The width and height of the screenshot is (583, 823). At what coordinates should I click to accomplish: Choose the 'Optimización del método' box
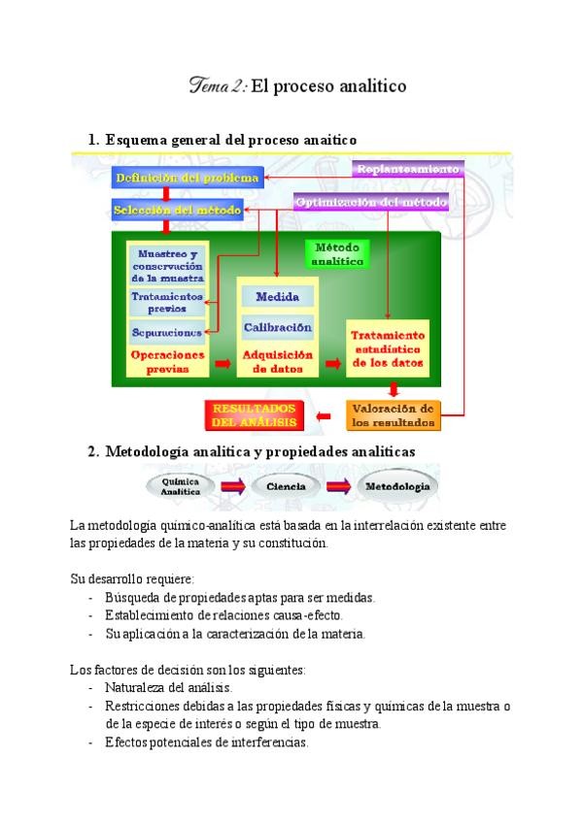tap(370, 202)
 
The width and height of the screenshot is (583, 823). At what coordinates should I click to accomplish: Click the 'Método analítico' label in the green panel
tap(338, 254)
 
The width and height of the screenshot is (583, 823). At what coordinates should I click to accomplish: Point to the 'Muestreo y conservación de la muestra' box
tap(166, 265)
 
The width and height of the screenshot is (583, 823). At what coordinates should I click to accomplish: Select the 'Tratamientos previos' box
tap(166, 302)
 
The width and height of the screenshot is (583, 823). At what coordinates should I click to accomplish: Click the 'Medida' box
tap(278, 297)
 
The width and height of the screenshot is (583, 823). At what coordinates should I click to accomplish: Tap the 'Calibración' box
tap(278, 328)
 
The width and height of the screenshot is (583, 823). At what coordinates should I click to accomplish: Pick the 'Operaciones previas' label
tap(167, 361)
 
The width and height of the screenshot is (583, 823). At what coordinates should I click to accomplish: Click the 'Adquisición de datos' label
tap(278, 361)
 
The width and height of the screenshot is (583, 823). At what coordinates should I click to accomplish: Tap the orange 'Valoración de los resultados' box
tap(393, 415)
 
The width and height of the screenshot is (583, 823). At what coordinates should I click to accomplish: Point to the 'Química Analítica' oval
tap(181, 486)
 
